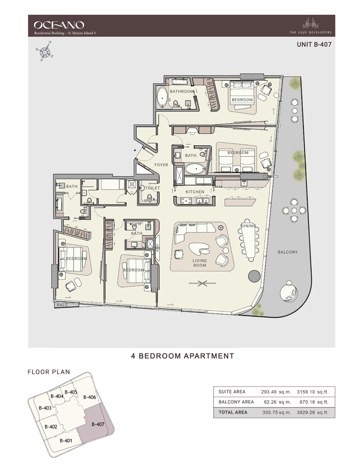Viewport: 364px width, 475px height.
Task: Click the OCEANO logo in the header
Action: coord(59,25)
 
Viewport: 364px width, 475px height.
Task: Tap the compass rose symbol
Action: coord(45,52)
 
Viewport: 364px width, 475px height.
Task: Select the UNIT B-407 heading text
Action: coord(314,45)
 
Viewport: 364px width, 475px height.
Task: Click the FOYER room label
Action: coord(161,165)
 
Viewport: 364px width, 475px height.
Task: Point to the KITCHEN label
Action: coord(195,192)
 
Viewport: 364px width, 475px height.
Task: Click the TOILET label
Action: coord(152,188)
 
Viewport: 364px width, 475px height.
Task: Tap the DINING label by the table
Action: coord(249,226)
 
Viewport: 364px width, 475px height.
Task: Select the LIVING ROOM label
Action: coord(200,263)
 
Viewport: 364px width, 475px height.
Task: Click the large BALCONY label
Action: coord(287,252)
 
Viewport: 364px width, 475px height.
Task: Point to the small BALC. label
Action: coord(62,305)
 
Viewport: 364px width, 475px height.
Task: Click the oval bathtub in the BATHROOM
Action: coord(163,97)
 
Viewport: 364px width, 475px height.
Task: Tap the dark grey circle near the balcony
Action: coord(254,276)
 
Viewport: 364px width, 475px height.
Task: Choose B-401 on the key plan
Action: coord(66,440)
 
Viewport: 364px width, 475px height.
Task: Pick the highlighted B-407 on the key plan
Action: coord(98,424)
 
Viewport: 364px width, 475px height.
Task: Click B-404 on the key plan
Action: coord(57,396)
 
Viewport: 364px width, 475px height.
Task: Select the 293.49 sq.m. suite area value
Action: coord(276,392)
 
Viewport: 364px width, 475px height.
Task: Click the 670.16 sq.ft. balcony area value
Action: coord(313,402)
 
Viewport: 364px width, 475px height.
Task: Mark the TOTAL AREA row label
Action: coord(233,412)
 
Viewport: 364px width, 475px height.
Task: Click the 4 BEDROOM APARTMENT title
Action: coord(182,356)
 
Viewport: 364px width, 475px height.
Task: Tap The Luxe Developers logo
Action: coord(310,26)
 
